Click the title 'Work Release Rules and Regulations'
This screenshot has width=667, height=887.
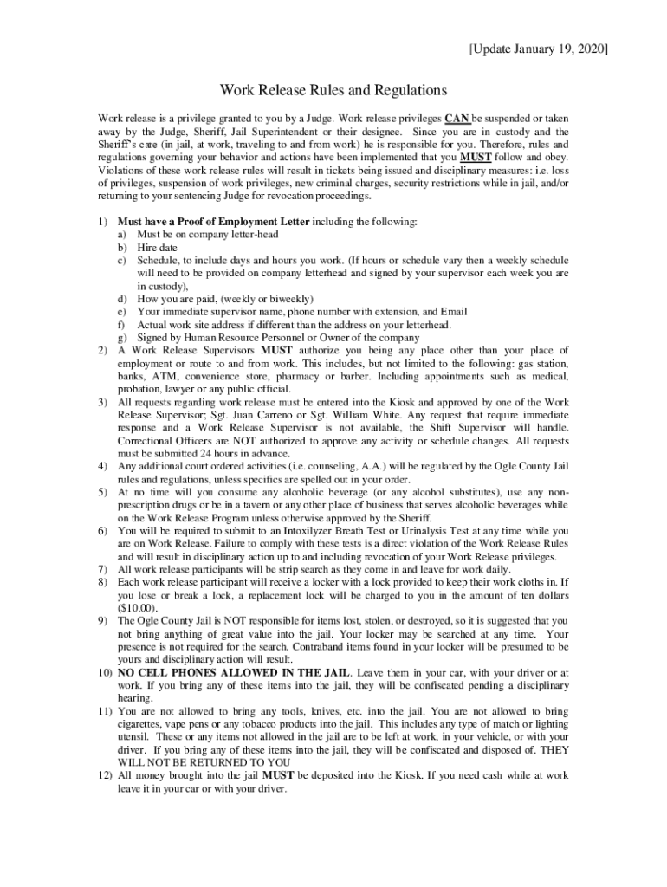pos(333,90)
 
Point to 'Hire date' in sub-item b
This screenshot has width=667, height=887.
pos(157,247)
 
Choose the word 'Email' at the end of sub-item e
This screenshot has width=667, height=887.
pos(452,312)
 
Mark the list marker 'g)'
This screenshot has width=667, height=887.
pos(122,338)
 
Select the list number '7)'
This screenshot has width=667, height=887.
pos(102,569)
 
